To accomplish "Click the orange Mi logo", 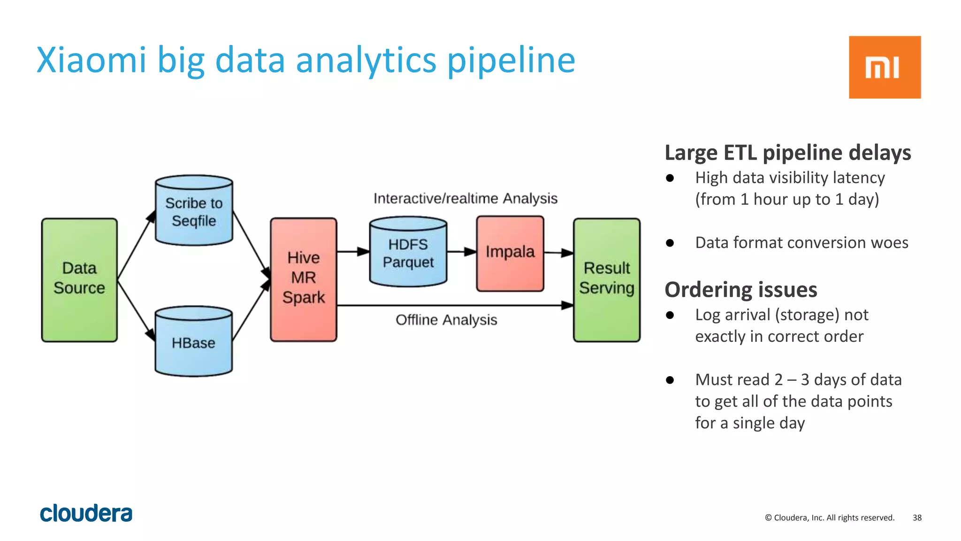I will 884,67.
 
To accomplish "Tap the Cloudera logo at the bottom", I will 86,513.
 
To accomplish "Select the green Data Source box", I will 79,280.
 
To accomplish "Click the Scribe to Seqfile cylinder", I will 194,211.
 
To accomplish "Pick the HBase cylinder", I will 193,342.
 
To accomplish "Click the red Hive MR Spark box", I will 303,279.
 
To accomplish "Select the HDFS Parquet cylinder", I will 408,253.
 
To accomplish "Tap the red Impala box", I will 510,253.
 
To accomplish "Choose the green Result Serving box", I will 606,280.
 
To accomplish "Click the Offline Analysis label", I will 446,320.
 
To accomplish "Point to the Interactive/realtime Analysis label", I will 465,198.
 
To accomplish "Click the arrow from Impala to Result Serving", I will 558,253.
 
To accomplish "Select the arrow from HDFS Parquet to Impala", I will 461,252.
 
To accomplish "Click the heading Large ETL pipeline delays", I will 787,153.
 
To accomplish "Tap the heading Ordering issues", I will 740,289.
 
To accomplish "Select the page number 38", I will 917,518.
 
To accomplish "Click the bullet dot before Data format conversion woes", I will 670,243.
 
